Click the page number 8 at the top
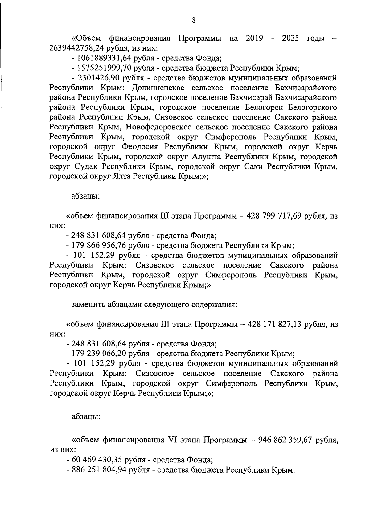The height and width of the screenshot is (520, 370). tap(194, 20)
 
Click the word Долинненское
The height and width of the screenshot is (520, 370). tap(158, 88)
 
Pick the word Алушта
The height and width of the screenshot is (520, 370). tap(206, 157)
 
